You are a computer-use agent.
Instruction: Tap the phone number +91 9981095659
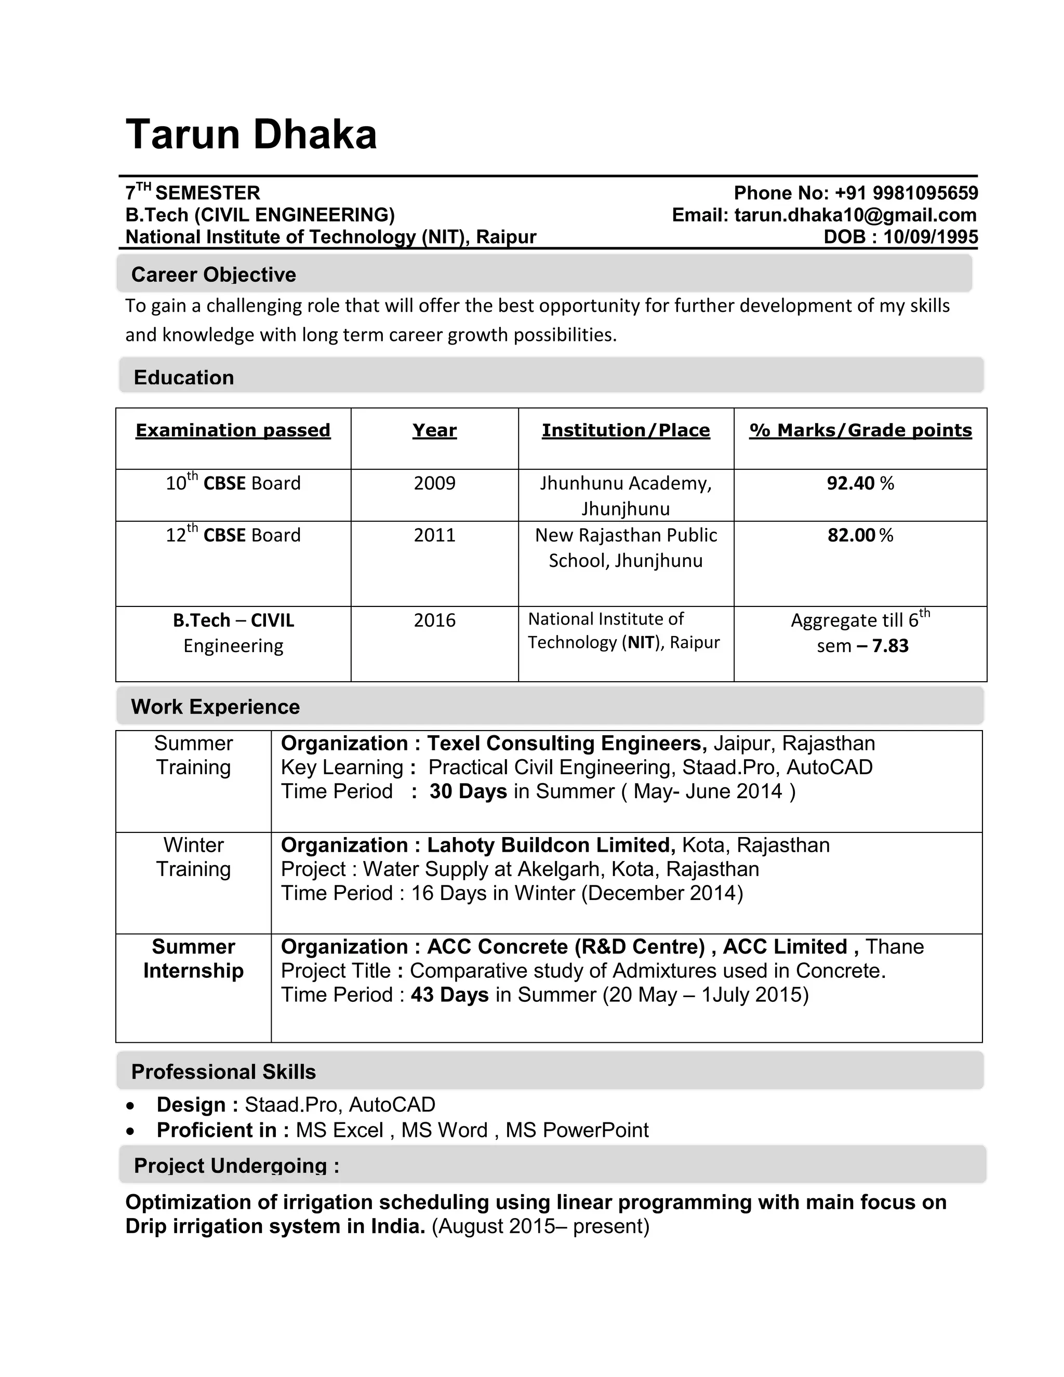coord(906,193)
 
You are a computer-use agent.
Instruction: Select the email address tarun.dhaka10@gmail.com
coord(855,215)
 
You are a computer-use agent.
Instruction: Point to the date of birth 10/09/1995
coord(930,237)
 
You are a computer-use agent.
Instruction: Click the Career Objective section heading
coord(213,274)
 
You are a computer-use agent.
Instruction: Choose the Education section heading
coord(183,377)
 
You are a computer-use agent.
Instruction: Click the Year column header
coord(434,430)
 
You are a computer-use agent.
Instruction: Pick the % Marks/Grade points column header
coord(860,430)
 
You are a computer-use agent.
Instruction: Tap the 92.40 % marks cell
coord(860,484)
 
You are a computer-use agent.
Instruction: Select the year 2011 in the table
coord(434,535)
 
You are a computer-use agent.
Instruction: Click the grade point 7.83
coord(890,645)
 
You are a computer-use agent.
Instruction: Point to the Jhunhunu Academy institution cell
coord(626,496)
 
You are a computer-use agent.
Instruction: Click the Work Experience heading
coord(215,706)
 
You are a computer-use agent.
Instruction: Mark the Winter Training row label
coord(193,857)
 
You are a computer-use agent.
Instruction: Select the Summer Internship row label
coord(193,958)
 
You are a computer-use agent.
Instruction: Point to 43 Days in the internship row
coord(449,995)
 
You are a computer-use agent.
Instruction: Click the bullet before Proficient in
coord(130,1131)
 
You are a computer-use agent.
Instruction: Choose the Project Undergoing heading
coord(236,1166)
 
